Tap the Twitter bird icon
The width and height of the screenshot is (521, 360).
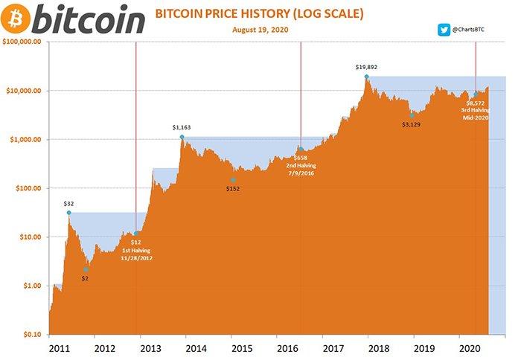(443, 31)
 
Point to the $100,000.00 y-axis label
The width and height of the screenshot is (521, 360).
(25, 42)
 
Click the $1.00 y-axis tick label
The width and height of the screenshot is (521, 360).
(32, 286)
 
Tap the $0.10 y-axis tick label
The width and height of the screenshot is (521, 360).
(32, 335)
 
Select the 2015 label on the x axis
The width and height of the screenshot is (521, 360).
(238, 347)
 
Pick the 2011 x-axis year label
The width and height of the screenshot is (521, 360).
(60, 347)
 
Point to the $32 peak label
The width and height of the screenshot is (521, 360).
(68, 203)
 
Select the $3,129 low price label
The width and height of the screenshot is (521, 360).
(412, 124)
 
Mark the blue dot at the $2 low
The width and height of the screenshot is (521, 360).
(86, 270)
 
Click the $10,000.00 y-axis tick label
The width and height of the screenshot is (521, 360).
(28, 91)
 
